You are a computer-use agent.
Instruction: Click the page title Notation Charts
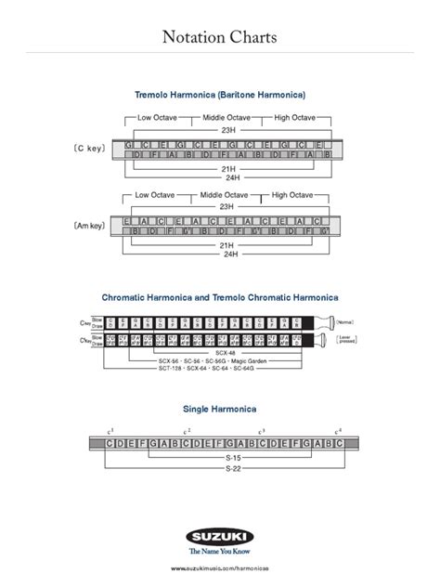219,39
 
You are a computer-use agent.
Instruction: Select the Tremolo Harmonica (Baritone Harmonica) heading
220,96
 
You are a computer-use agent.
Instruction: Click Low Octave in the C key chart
157,118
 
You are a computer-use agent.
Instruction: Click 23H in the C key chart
226,131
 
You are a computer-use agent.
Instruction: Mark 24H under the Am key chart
226,253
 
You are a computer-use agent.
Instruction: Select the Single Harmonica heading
220,408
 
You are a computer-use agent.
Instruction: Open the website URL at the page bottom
220,566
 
